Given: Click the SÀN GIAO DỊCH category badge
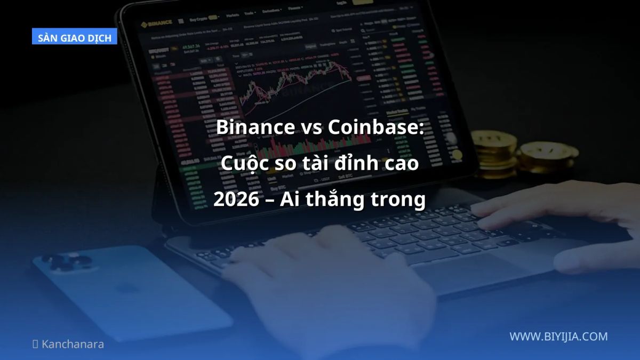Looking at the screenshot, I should [x=75, y=38].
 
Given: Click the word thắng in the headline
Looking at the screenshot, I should [x=340, y=200].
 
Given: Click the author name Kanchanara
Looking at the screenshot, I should [x=73, y=344].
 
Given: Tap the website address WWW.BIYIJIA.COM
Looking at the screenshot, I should [x=558, y=337].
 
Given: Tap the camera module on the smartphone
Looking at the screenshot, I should [x=67, y=264].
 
